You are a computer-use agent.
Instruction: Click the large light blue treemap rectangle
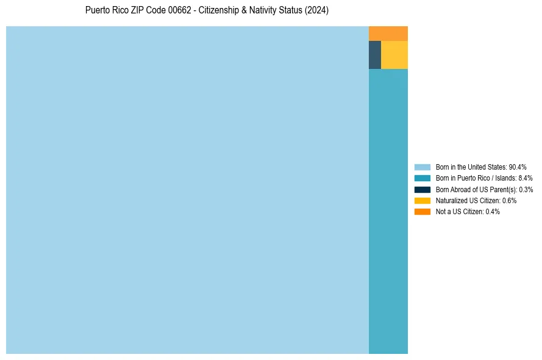click(x=187, y=190)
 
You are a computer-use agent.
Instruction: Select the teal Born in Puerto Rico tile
click(x=388, y=211)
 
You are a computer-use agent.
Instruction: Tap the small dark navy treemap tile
click(x=375, y=55)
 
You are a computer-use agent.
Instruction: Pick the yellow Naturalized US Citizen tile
click(x=394, y=55)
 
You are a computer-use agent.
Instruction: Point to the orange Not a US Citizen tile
click(x=388, y=34)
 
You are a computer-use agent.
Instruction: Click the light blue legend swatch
click(x=423, y=167)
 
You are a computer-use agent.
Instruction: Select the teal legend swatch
click(x=423, y=178)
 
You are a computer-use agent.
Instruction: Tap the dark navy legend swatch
click(x=423, y=189)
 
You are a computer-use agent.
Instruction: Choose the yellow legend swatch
click(x=423, y=200)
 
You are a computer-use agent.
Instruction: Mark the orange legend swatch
click(x=423, y=212)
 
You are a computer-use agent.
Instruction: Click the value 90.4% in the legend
click(x=518, y=167)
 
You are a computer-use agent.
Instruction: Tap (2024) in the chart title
click(x=317, y=10)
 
